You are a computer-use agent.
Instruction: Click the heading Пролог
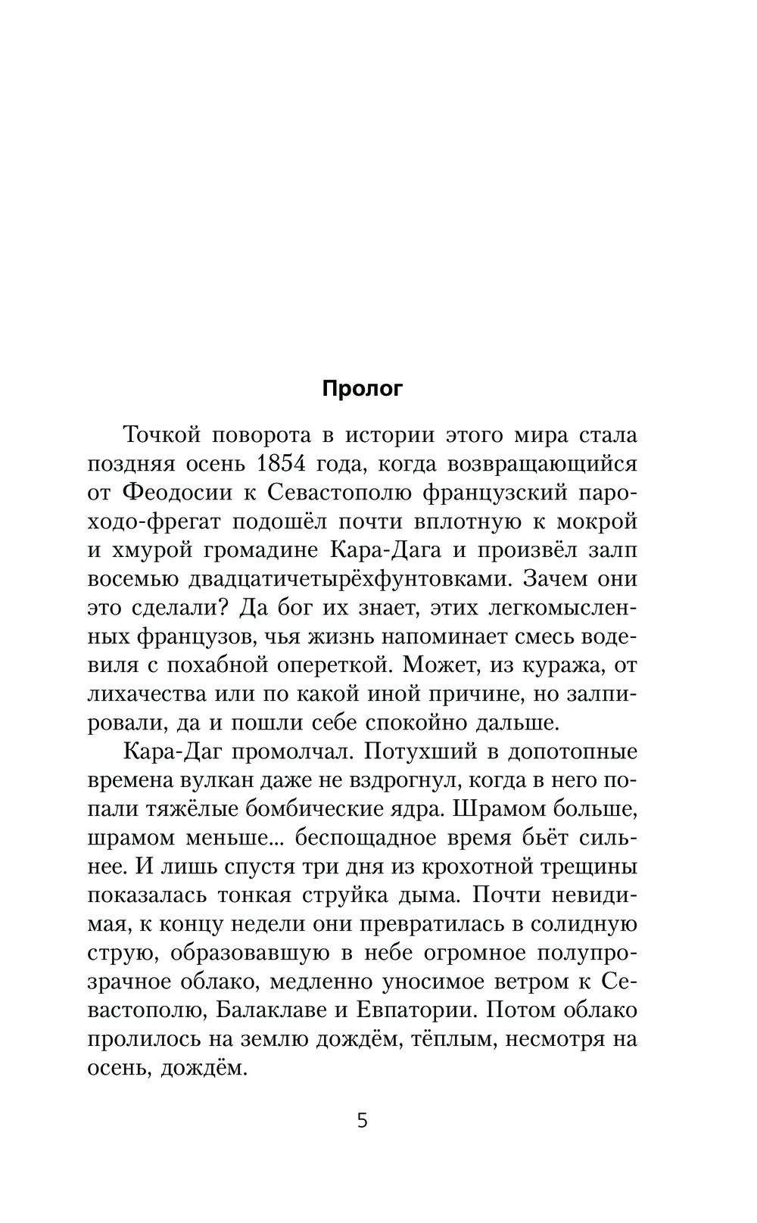tap(363, 389)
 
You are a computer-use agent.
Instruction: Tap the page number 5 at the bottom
tap(363, 1120)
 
